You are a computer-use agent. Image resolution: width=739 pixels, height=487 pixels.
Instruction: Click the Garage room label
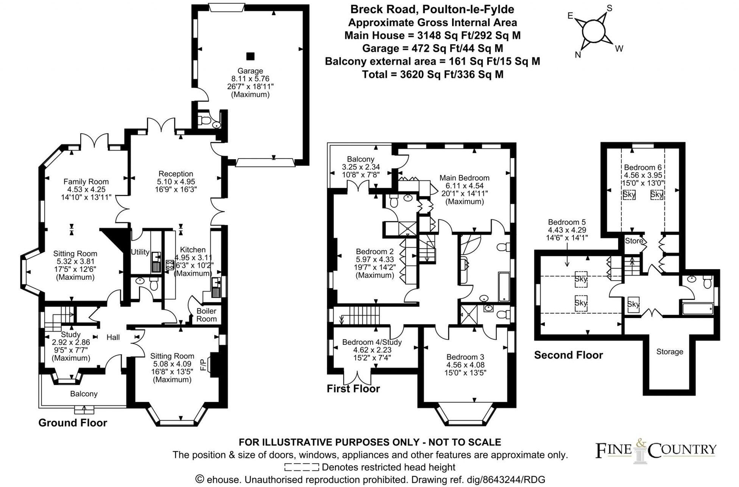pyautogui.click(x=250, y=71)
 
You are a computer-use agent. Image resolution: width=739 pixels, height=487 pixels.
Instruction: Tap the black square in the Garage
pyautogui.click(x=250, y=56)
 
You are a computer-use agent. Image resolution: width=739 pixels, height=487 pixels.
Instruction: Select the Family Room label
pyautogui.click(x=86, y=181)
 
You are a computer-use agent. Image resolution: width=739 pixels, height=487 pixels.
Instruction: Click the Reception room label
pyautogui.click(x=176, y=174)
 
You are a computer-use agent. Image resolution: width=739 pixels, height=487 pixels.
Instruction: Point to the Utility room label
pyautogui.click(x=140, y=252)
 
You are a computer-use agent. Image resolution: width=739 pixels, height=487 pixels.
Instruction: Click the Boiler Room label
pyautogui.click(x=206, y=315)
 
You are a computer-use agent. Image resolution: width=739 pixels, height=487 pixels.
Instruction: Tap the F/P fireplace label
pyautogui.click(x=203, y=364)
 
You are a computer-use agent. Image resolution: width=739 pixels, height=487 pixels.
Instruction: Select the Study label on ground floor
pyautogui.click(x=71, y=335)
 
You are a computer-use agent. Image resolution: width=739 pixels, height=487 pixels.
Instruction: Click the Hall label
pyautogui.click(x=113, y=337)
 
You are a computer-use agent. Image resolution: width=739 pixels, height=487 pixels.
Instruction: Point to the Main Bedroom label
pyautogui.click(x=464, y=178)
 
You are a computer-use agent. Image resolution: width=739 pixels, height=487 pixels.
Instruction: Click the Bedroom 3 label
pyautogui.click(x=465, y=357)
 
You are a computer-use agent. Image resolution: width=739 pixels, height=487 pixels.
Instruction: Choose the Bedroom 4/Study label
pyautogui.click(x=372, y=342)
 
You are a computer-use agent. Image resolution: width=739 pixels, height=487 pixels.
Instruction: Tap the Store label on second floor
pyautogui.click(x=634, y=241)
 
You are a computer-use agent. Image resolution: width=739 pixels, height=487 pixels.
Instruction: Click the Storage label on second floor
pyautogui.click(x=669, y=352)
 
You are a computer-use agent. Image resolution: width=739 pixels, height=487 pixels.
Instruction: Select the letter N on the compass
pyautogui.click(x=578, y=55)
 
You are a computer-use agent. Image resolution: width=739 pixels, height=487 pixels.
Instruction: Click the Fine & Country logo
pyautogui.click(x=656, y=450)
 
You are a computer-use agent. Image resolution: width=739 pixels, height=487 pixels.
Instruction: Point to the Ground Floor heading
pyautogui.click(x=73, y=423)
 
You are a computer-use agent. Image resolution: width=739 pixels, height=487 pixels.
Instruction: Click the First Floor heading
pyautogui.click(x=353, y=389)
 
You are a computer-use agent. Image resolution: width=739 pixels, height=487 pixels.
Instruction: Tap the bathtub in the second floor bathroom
pyautogui.click(x=698, y=309)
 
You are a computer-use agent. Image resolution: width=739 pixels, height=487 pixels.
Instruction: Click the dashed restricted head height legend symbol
pyautogui.click(x=301, y=467)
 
